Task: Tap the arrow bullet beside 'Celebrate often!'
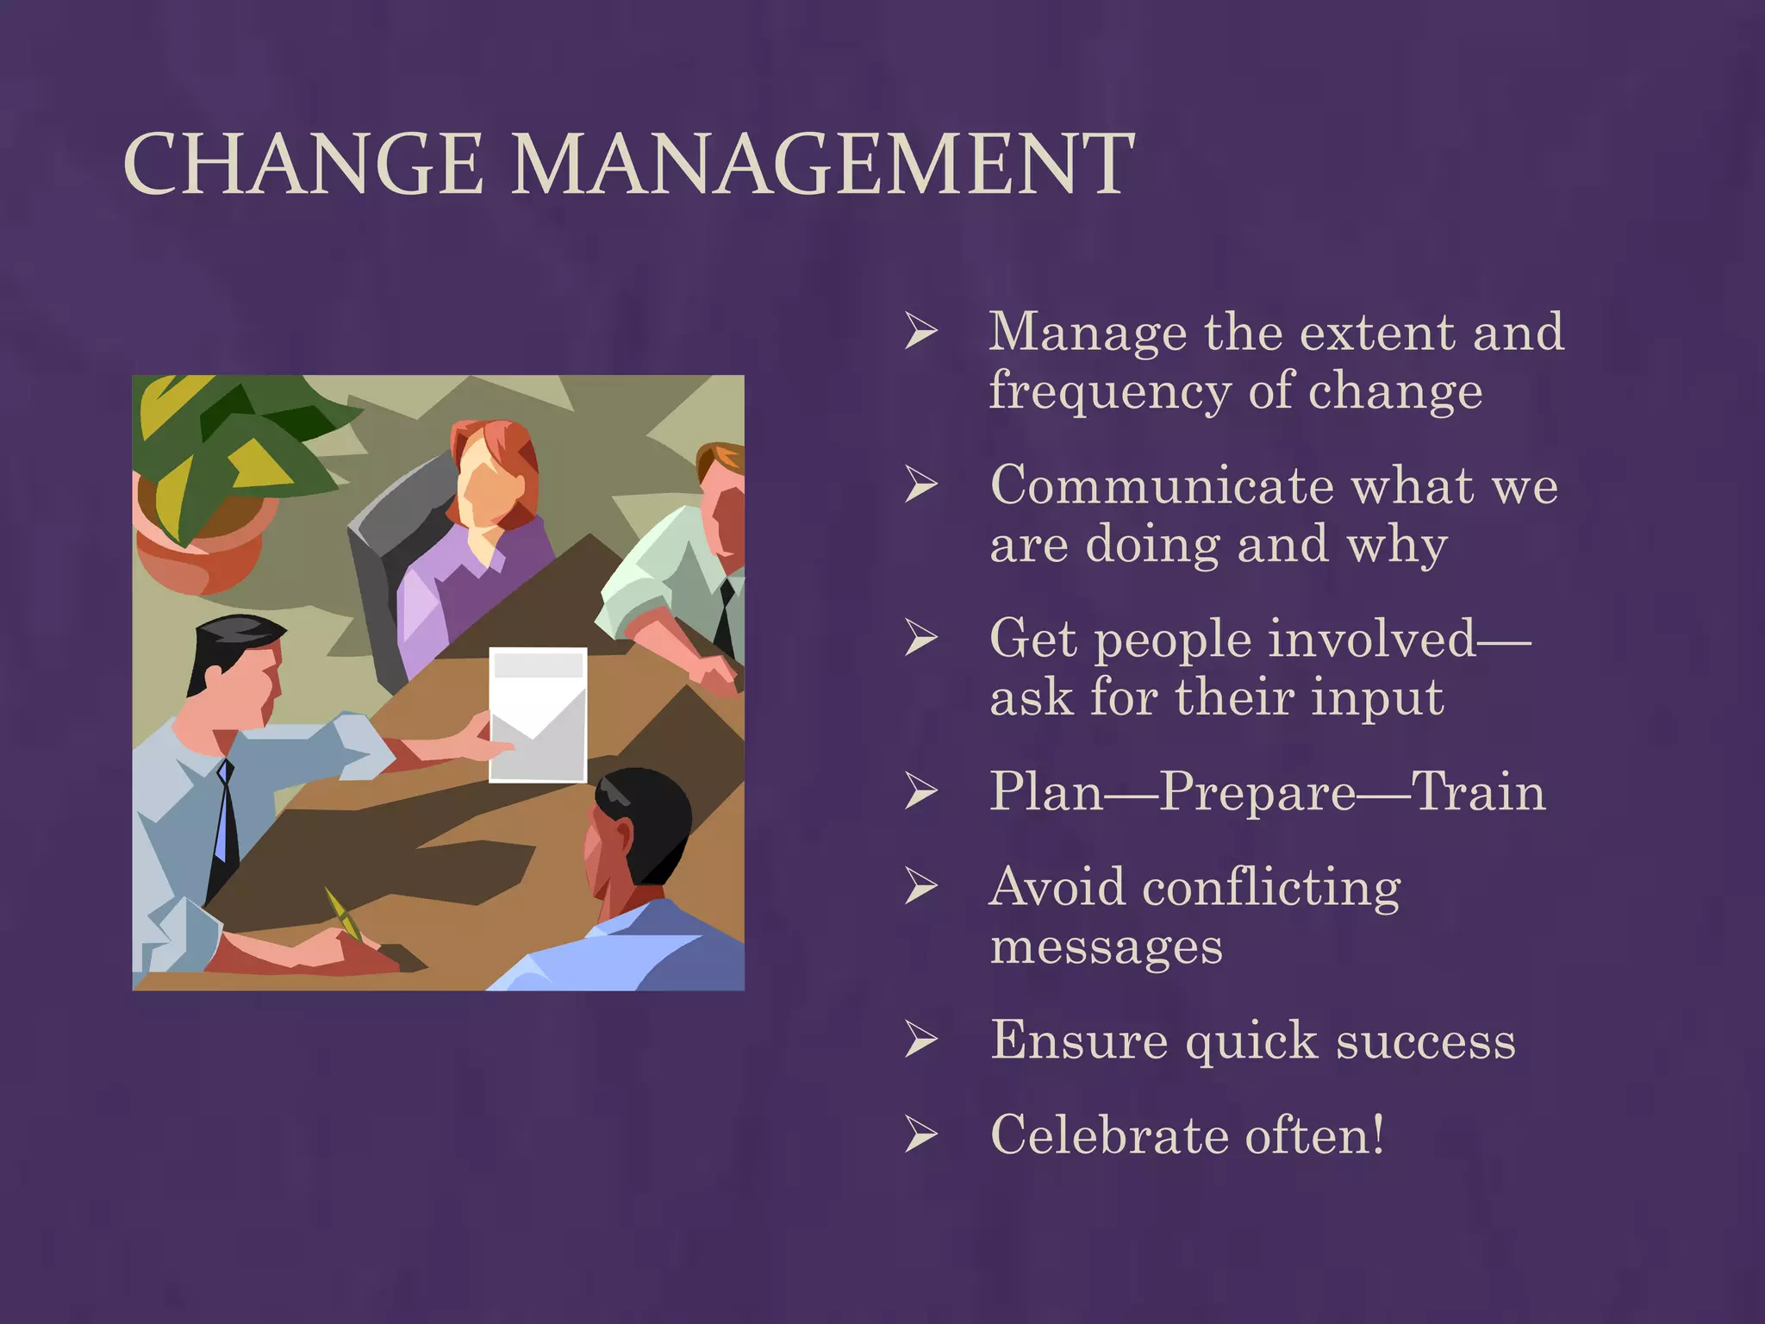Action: click(921, 1135)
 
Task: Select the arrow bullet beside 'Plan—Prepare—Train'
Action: click(921, 792)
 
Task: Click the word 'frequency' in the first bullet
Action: click(1109, 392)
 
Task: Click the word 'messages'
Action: click(1106, 946)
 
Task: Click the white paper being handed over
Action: click(539, 715)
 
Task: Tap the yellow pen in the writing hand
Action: click(342, 914)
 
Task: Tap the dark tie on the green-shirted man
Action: click(727, 616)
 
